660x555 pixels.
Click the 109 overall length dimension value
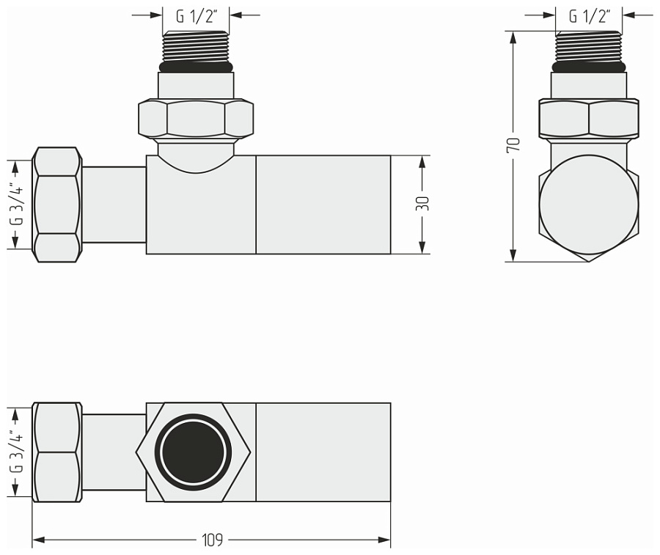212,541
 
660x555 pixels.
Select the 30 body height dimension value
422,205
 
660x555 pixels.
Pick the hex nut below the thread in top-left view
196,118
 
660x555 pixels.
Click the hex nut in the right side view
588,119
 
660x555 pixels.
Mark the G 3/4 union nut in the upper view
56,205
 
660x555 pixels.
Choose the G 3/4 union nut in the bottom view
56,452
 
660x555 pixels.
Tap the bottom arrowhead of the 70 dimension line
514,256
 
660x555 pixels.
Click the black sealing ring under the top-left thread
196,67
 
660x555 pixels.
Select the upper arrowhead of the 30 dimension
422,161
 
